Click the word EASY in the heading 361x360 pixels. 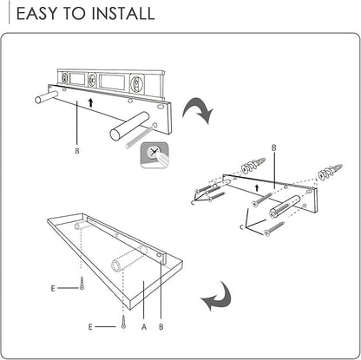[36, 13]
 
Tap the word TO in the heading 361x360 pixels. [74, 13]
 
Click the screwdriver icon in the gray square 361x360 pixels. [154, 155]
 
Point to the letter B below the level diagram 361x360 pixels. [77, 151]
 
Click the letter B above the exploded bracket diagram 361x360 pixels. [273, 147]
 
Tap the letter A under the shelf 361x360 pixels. [144, 327]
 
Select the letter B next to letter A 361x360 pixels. [161, 327]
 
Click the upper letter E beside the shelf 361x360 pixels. [53, 288]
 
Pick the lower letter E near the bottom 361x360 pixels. [90, 327]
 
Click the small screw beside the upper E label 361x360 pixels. [82, 284]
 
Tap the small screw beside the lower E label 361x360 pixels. [124, 322]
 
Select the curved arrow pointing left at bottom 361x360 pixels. [217, 297]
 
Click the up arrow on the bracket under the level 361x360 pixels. [91, 102]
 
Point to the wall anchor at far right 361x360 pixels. [330, 172]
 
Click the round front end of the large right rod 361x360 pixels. [116, 135]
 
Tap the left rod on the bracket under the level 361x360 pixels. [45, 97]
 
